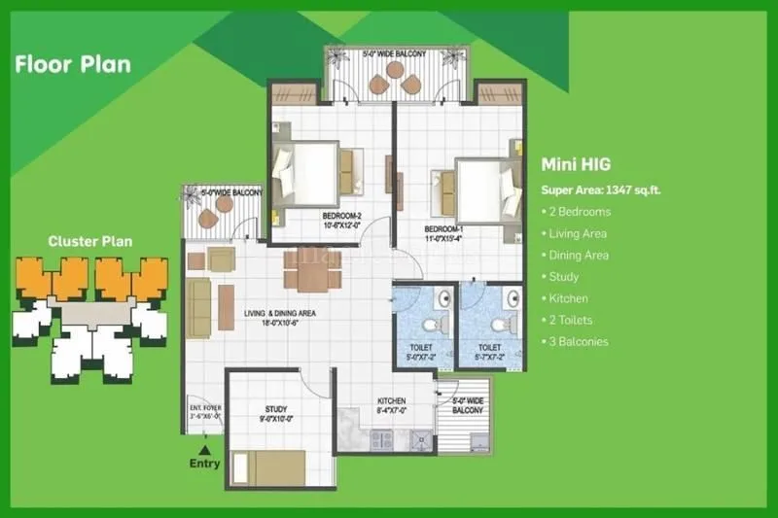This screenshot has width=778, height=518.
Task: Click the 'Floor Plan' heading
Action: pyautogui.click(x=72, y=65)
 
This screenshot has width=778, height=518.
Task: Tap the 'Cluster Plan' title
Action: pyautogui.click(x=90, y=241)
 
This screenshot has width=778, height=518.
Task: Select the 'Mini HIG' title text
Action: pyautogui.click(x=576, y=165)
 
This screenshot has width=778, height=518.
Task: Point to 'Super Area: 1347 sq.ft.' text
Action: pyautogui.click(x=600, y=190)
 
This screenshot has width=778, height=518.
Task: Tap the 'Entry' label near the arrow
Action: pyautogui.click(x=204, y=464)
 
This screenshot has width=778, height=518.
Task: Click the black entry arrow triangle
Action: pyautogui.click(x=204, y=450)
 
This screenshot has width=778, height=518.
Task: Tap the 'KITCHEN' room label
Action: pyautogui.click(x=391, y=400)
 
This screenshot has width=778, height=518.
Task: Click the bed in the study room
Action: pyautogui.click(x=268, y=467)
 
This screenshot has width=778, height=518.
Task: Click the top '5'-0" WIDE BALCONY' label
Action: pyautogui.click(x=394, y=54)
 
